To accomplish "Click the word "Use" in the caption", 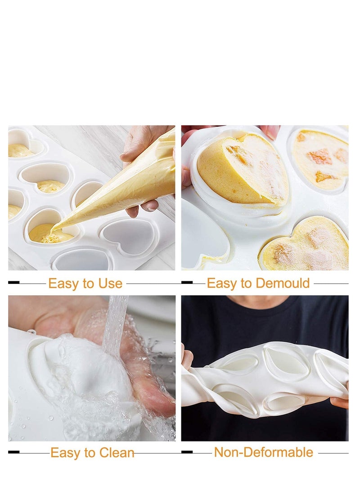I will pos(110,284).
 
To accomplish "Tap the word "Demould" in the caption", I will pos(283,283).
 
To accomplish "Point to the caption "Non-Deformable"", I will pos(263,452).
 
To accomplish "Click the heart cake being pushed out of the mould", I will pos(243,171).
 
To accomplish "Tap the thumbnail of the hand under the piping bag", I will pos(150,206).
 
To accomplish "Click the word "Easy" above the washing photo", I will pos(64,453).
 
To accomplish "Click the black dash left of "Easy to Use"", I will pos(14,283).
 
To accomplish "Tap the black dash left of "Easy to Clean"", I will pos(14,452).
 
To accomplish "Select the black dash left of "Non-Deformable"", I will pos(187,452).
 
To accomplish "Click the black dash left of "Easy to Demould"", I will pos(187,283).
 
